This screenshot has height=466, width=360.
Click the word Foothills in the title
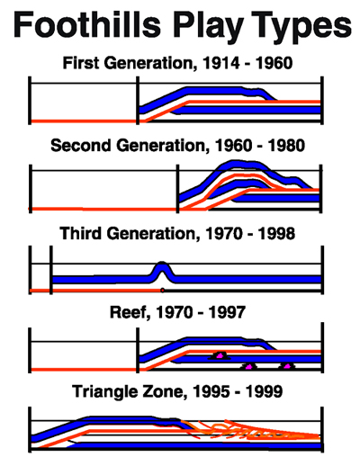point(87,24)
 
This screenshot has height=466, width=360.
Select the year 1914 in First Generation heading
point(221,63)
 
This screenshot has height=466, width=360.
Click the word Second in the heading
point(81,146)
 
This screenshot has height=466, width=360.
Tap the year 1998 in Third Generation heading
point(276,233)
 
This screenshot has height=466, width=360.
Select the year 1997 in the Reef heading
point(227,312)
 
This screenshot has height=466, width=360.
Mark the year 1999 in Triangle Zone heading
point(264,391)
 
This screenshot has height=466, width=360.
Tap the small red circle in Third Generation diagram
point(162,291)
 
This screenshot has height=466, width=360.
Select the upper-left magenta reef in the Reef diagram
point(220,355)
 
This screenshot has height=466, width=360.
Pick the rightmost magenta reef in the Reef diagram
point(287,366)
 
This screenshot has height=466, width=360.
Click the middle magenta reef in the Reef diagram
point(249,366)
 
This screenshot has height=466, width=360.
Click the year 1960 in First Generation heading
point(274,63)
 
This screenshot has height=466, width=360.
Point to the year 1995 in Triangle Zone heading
point(211,391)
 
